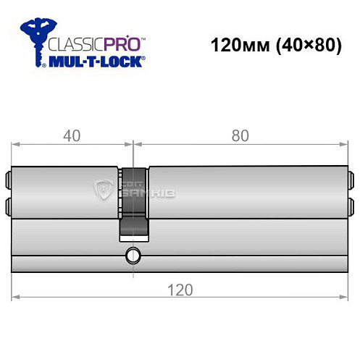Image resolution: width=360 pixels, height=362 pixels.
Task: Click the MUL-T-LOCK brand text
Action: pos(94,62)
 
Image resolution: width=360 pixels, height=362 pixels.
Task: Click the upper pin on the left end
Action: pos(9,177)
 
